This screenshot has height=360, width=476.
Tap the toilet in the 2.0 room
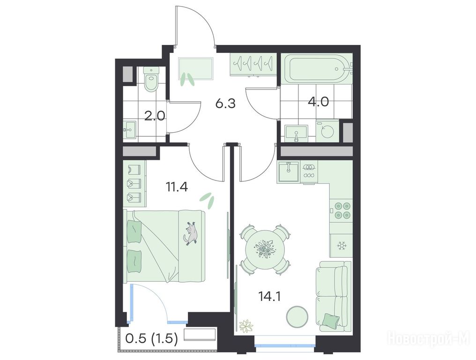click(151, 79)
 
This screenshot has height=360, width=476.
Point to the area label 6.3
click(225, 104)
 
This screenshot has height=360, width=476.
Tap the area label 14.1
click(269, 296)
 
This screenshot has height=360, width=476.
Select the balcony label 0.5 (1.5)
click(151, 338)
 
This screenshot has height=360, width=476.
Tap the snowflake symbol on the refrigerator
click(342, 245)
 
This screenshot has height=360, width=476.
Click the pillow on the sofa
click(331, 321)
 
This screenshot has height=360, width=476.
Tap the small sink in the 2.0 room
click(130, 130)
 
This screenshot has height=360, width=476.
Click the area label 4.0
click(318, 102)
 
